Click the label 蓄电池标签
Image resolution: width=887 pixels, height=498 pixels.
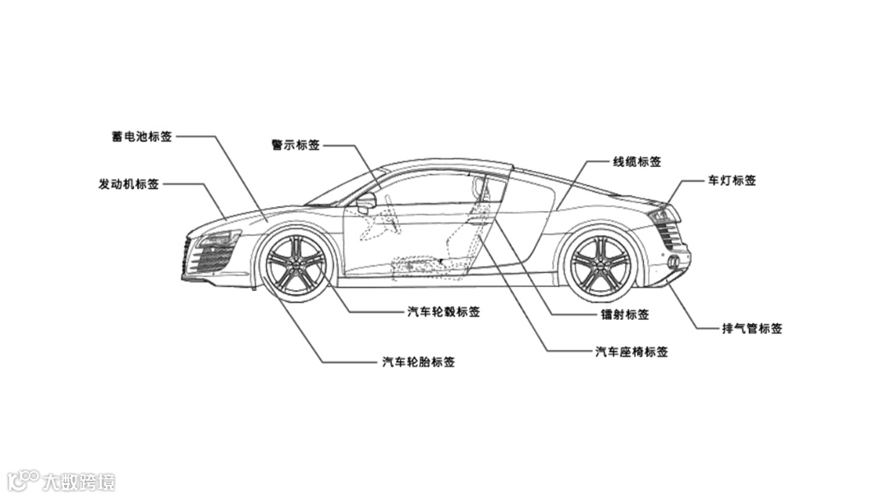coord(142,136)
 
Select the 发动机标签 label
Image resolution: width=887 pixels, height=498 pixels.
coord(129,184)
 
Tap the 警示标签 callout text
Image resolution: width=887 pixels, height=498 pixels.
coord(295,145)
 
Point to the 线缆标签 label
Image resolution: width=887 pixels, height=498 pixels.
coord(637,162)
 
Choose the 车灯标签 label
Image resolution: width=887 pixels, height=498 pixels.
coord(732,181)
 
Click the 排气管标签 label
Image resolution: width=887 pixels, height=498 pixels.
coord(751,329)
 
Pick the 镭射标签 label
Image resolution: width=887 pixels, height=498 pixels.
coord(624,315)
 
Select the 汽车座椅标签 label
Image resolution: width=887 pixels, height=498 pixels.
coord(631,352)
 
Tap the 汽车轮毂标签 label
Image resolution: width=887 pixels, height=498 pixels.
coord(443,312)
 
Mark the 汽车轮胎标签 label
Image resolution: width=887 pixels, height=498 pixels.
coord(417,362)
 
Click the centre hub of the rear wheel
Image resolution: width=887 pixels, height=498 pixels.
coord(600,265)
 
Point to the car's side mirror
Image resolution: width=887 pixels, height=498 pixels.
coord(366,200)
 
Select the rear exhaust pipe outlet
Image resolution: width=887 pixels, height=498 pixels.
coord(673,262)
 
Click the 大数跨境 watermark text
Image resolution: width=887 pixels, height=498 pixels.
coord(79,482)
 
